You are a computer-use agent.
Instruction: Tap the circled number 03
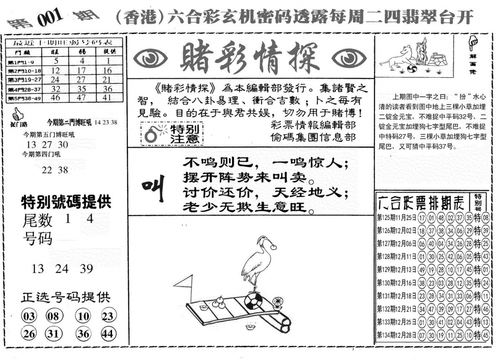(x=29, y=317)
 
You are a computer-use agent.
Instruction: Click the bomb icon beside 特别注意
(x=151, y=134)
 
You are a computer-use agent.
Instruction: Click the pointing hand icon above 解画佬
(x=473, y=44)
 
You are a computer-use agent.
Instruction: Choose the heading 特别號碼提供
(x=66, y=202)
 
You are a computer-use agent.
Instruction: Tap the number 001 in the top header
(x=49, y=19)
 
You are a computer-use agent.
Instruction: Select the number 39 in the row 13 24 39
(x=87, y=269)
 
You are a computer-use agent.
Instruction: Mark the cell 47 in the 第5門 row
(x=81, y=98)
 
